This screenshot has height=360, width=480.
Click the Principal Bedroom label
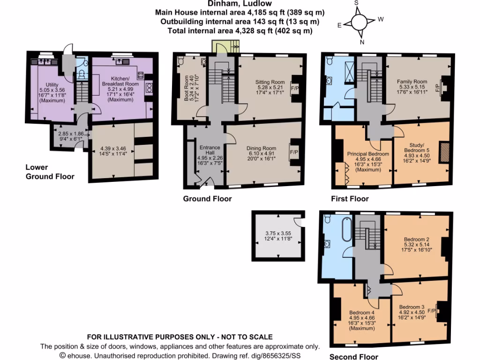pyautogui.click(x=367, y=154)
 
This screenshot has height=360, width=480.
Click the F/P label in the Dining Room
pyautogui.click(x=294, y=152)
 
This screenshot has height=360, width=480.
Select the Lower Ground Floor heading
pyautogui.click(x=50, y=172)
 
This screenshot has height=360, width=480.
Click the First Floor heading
pyautogui.click(x=350, y=199)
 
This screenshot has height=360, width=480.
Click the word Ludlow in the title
pyautogui.click(x=259, y=4)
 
